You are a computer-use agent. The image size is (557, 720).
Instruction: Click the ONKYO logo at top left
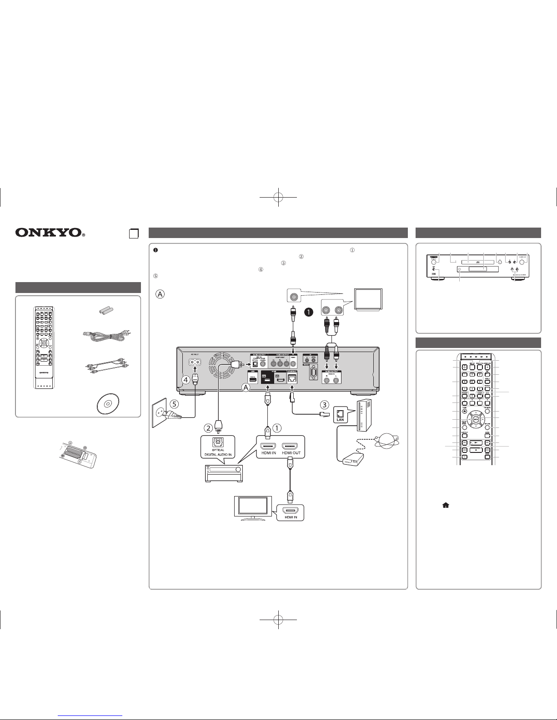(50, 233)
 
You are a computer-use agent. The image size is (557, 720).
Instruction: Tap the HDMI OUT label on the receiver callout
(290, 455)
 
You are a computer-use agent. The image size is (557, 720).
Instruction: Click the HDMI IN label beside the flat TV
(289, 516)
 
